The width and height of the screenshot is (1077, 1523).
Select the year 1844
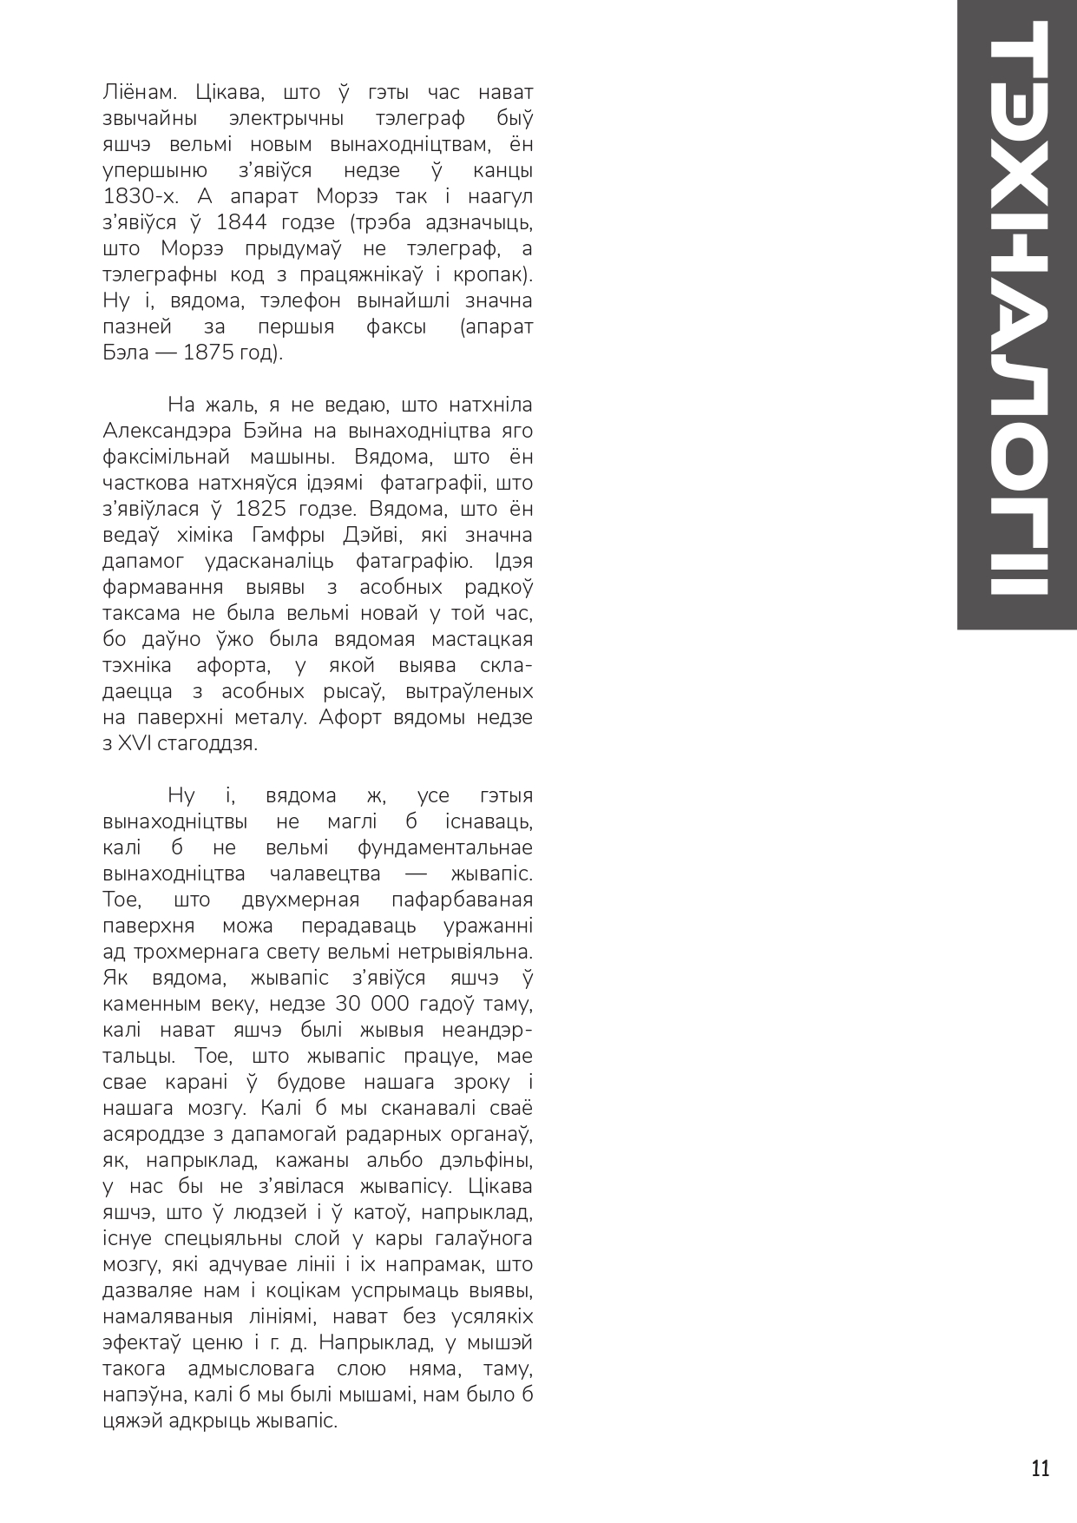click(x=241, y=222)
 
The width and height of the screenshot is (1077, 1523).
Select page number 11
click(x=1040, y=1469)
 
